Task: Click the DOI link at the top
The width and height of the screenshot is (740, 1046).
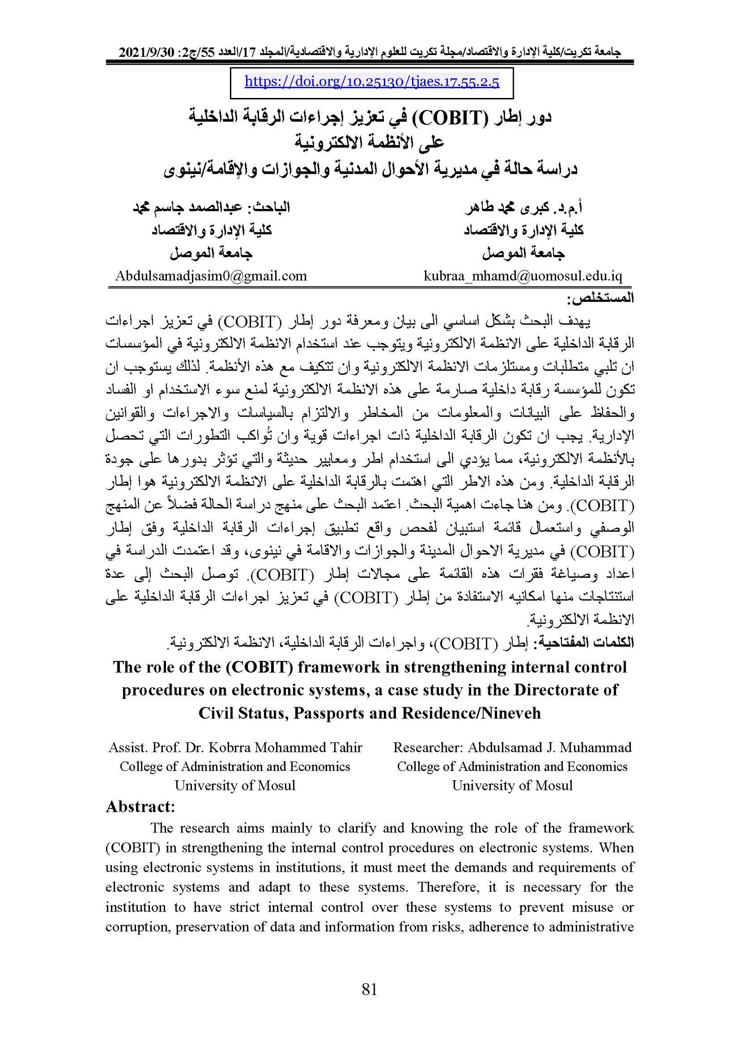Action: pos(371,82)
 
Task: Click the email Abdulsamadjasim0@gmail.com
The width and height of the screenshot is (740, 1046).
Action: pos(211,276)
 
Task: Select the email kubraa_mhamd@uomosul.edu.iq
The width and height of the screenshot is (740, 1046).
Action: pos(523,276)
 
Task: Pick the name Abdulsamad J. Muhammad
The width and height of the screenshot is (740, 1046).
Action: pos(549,747)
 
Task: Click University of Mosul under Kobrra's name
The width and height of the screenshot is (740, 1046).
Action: pos(235,785)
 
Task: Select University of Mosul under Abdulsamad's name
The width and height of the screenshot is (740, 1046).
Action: pos(512,785)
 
